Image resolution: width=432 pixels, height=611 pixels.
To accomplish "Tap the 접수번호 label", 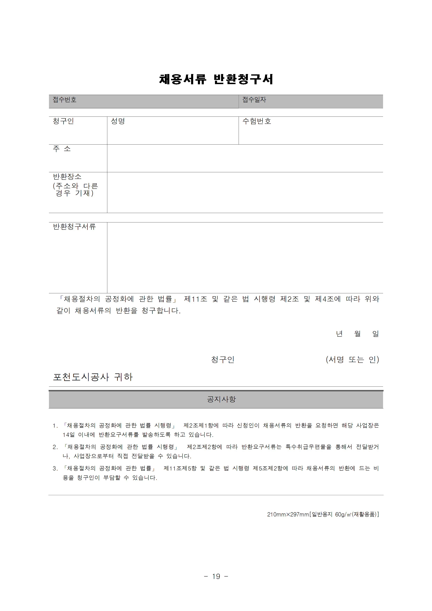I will coord(64,100).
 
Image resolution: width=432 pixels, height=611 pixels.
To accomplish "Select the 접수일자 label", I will coord(254,100).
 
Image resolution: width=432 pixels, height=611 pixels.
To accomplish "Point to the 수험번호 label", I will coord(257,121).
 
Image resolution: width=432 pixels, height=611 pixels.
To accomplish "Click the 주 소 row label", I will coord(62,149).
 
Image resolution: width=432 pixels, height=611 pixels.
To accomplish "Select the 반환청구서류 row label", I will coord(74,227).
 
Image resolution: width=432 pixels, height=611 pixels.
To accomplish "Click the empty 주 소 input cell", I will coord(245,158).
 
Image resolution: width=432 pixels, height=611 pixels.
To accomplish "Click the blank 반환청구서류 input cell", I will coord(245,258).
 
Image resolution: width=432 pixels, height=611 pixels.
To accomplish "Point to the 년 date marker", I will coord(339,334).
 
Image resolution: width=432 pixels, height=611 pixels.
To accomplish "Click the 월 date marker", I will coord(357,334).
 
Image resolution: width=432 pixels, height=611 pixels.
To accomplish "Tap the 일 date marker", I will coord(375,334).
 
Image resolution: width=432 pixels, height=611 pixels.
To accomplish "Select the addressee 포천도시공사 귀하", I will coord(93,377).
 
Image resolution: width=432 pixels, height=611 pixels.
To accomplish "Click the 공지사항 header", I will coord(221,399).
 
